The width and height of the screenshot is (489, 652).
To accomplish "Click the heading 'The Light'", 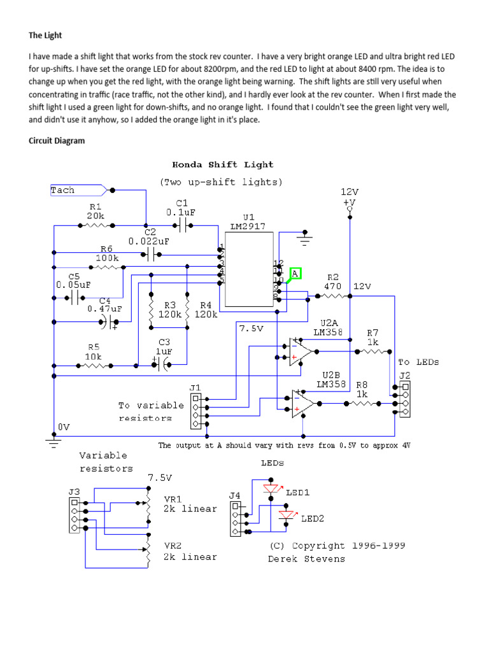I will pos(45,35).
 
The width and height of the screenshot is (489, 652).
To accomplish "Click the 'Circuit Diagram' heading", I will pos(56,141).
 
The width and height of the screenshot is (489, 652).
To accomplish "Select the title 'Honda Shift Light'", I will pos(220,165).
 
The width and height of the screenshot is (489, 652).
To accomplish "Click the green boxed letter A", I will pos(294,274).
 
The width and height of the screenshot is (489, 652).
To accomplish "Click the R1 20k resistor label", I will pos(95,211).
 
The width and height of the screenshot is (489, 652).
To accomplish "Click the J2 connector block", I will pos(404,399).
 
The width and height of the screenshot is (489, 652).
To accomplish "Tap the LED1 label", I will pos(297,492).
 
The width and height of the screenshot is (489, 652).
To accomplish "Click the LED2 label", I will pos(313,518).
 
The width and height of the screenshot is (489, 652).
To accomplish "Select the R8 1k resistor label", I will pos(361,389).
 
